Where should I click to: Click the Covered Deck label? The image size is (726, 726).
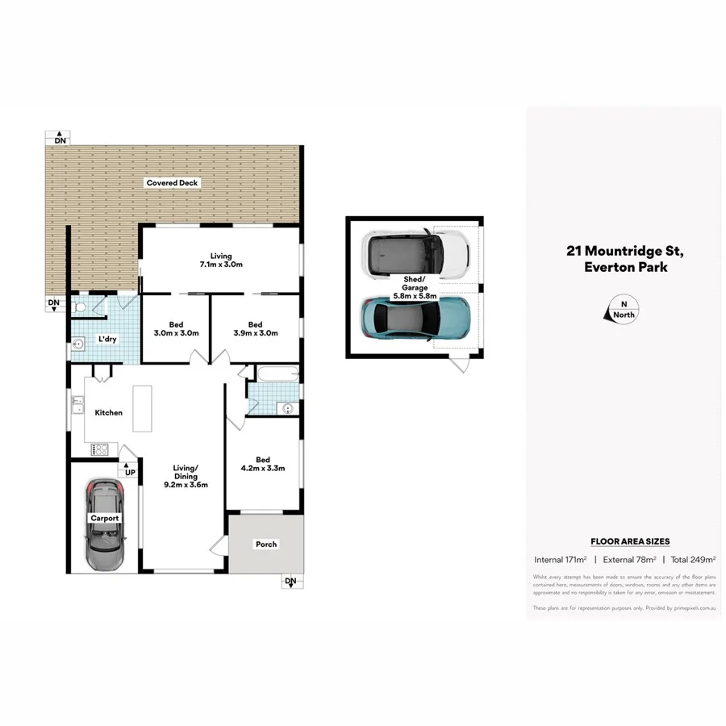172,183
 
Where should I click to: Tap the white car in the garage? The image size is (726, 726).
415,252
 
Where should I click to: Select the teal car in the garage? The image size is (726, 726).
415,317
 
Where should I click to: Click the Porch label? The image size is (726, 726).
266,544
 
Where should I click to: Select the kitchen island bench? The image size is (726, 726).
143,411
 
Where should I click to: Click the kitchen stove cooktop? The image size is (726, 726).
103,449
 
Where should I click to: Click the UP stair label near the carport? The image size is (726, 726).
129,471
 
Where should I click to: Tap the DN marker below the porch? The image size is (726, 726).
290,582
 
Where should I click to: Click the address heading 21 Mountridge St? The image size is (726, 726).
625,251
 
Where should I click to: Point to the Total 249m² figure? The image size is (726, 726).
693,559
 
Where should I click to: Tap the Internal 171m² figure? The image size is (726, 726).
560,559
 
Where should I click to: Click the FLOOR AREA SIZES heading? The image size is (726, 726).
630,542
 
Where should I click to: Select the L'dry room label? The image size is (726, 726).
107,339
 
